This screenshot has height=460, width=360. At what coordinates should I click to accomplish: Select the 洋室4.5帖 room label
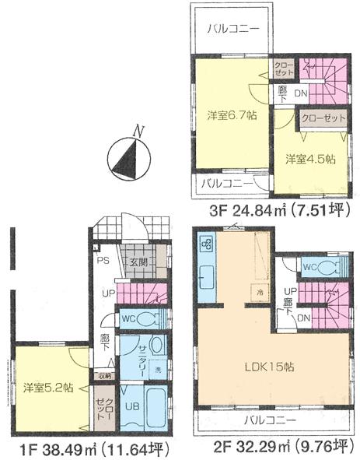pos(309,159)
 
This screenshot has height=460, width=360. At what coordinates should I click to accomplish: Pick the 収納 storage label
pos(105,376)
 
